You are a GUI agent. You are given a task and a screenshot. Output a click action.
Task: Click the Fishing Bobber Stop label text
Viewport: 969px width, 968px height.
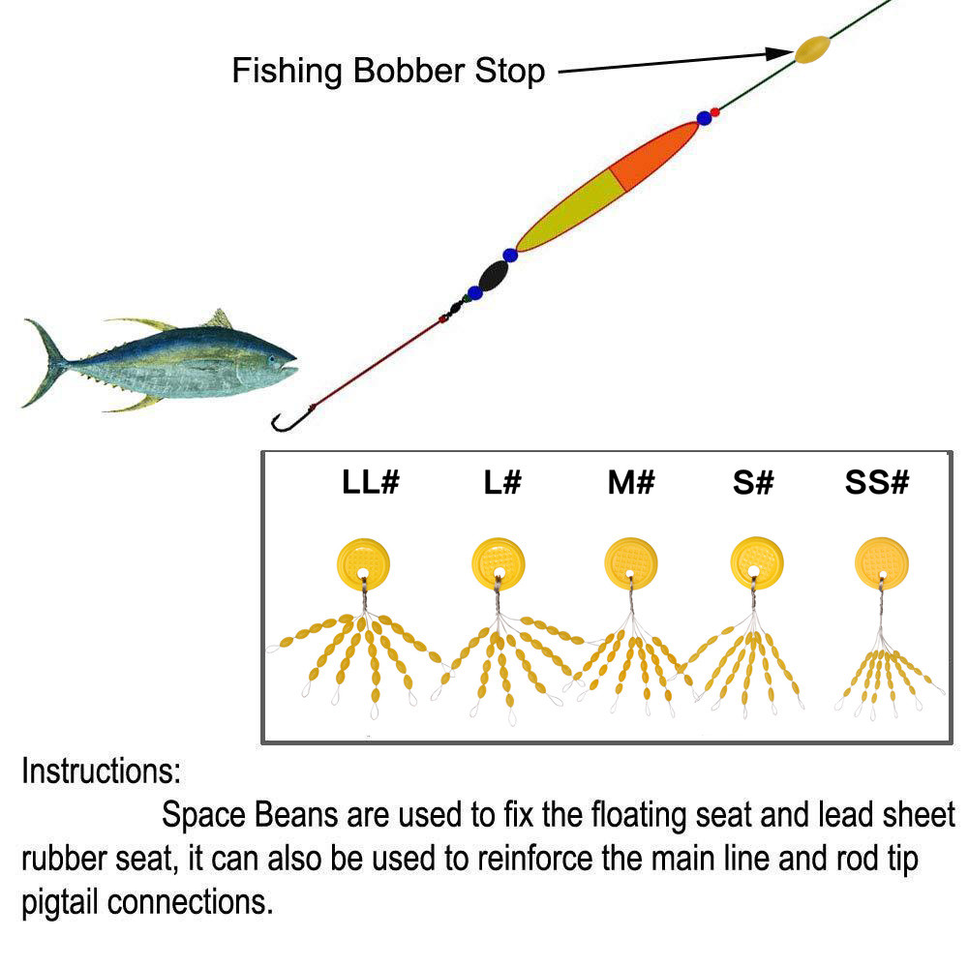(x=388, y=71)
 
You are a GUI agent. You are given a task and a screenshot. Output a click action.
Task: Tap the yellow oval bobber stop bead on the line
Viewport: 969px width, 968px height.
(x=812, y=49)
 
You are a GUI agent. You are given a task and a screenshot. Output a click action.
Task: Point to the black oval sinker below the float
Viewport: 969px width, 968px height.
(x=494, y=276)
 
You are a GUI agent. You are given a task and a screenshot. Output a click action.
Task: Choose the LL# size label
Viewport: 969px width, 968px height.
(x=370, y=483)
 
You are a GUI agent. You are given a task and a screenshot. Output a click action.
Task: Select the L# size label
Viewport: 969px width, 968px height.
(x=502, y=483)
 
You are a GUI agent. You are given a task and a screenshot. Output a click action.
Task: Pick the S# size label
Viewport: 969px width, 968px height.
(x=753, y=483)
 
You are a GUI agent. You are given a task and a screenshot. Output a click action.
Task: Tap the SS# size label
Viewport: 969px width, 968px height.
(x=877, y=483)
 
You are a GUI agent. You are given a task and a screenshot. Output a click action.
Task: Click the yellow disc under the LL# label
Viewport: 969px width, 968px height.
(x=363, y=562)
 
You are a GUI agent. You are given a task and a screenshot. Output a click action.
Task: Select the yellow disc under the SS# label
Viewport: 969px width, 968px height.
(x=882, y=561)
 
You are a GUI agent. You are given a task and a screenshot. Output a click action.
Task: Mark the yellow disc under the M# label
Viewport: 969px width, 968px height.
(x=631, y=562)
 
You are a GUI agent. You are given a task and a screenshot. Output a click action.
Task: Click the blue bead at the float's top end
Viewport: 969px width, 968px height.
(x=704, y=119)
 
